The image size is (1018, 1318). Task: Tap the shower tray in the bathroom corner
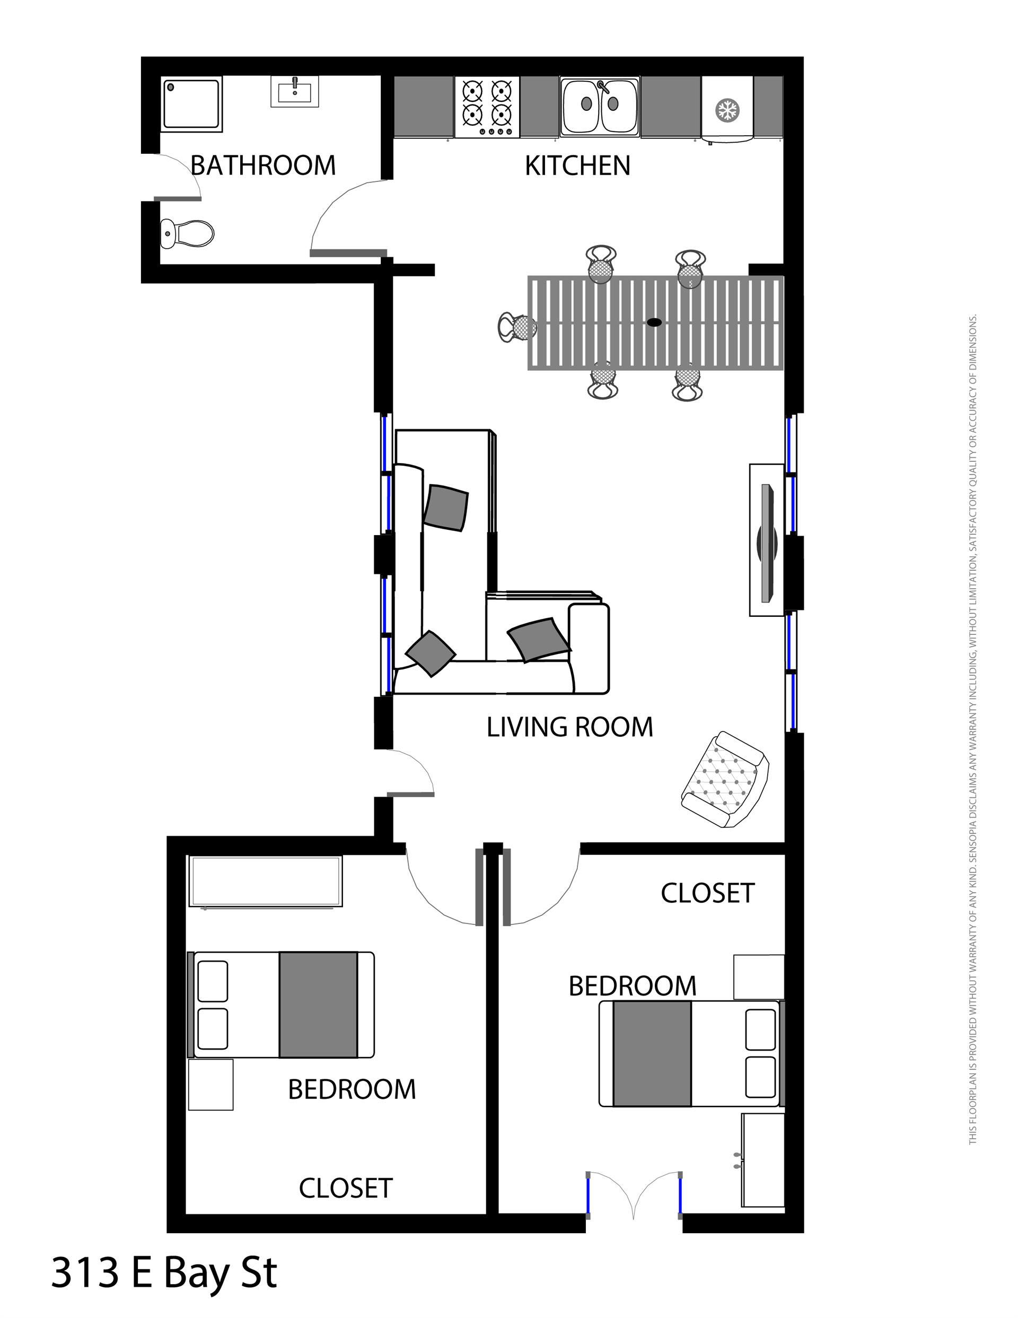coord(192,103)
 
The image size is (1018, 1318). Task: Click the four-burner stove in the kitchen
coord(486,106)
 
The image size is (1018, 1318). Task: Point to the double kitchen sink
coord(599,106)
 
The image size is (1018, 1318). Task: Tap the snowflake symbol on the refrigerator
coord(726,110)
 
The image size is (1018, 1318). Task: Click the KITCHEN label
coord(577,165)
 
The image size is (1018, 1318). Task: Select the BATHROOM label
coord(262,165)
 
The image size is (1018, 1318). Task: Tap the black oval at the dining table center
coord(654,322)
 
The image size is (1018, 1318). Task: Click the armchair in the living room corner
coord(725,779)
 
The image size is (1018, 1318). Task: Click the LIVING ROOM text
coord(569,727)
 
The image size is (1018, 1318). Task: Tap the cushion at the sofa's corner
coord(430,653)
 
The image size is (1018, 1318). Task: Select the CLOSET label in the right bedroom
coord(707,893)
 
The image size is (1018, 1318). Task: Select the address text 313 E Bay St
coord(164,1273)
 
